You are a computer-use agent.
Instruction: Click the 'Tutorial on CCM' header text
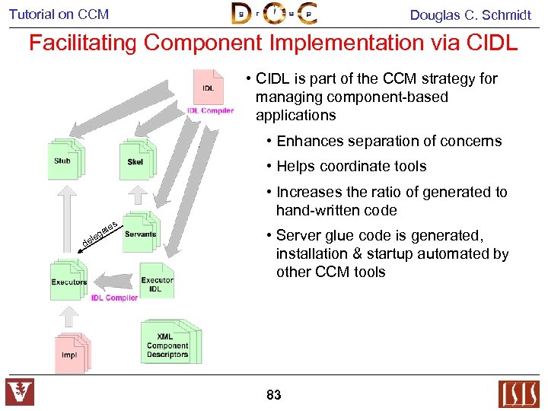[x=59, y=14]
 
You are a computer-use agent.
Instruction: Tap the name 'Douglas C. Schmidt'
[x=470, y=14]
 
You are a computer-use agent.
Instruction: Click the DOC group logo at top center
[x=274, y=14]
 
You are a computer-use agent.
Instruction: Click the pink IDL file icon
[x=208, y=88]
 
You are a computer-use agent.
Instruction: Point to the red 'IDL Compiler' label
[x=210, y=111]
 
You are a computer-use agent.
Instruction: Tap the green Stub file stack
[x=64, y=159]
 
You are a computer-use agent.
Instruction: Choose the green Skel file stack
[x=136, y=159]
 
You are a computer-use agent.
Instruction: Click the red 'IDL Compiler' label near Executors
[x=114, y=298]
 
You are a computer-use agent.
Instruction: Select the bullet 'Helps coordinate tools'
[x=346, y=166]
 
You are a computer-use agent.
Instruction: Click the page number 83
[x=274, y=395]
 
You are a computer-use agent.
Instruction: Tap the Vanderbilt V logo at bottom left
[x=20, y=393]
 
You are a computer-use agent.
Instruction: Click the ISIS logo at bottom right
[x=518, y=393]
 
